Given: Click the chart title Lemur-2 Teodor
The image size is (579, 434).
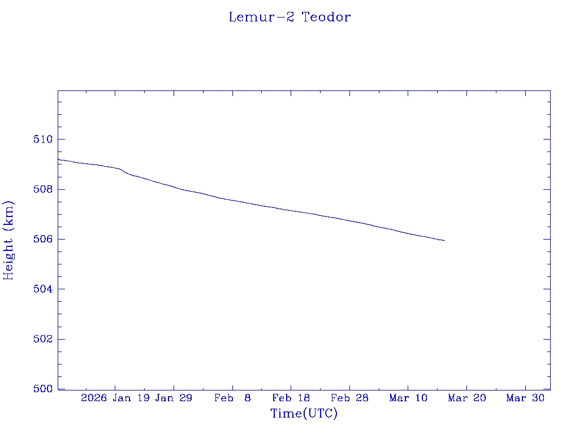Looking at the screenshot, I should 289,17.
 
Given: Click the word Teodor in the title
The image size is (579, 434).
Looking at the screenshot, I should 326,17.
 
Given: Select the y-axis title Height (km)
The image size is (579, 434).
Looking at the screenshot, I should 8,240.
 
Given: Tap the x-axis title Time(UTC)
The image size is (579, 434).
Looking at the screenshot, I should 304,414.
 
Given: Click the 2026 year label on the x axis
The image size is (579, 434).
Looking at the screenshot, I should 94,398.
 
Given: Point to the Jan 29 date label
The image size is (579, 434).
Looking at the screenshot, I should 174,398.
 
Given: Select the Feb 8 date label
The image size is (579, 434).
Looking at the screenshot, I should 232,398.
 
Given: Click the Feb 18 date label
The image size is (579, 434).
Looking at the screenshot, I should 291,398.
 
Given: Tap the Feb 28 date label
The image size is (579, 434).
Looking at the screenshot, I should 349,398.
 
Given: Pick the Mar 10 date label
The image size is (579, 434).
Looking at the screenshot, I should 408,398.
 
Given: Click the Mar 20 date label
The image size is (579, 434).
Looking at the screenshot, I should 467,398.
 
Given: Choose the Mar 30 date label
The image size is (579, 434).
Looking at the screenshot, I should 525,398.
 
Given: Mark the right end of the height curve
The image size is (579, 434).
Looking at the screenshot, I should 444,241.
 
